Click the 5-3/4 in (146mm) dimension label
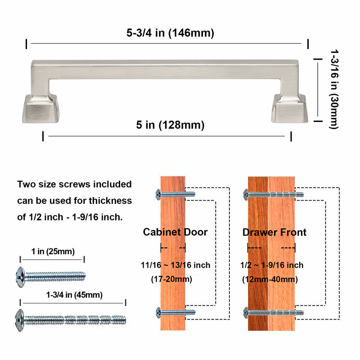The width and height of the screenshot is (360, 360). click(170, 33)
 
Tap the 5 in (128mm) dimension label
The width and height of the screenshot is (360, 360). click(170, 125)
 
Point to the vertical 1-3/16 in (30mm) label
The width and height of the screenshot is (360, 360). click(333, 89)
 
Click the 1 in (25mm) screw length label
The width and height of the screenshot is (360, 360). click(53, 251)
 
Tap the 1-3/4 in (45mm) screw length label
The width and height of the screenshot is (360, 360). click(74, 295)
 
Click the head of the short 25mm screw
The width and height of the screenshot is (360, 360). click(20, 274)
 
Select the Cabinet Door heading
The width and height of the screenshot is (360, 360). click(175, 232)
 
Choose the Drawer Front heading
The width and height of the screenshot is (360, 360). click(274, 232)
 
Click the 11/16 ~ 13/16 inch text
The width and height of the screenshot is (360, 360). click(175, 265)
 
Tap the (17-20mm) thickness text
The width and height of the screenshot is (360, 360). click(171, 279)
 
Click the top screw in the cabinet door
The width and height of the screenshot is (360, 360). click(175, 194)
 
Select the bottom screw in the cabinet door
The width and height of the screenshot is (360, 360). click(175, 312)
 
